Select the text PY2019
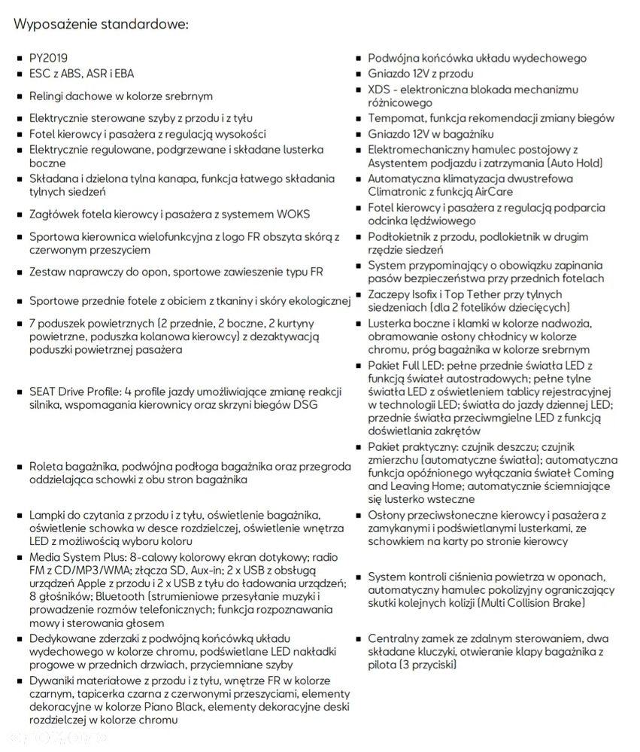click(x=50, y=58)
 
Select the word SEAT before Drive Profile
click(x=43, y=392)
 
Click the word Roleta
click(x=46, y=467)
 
